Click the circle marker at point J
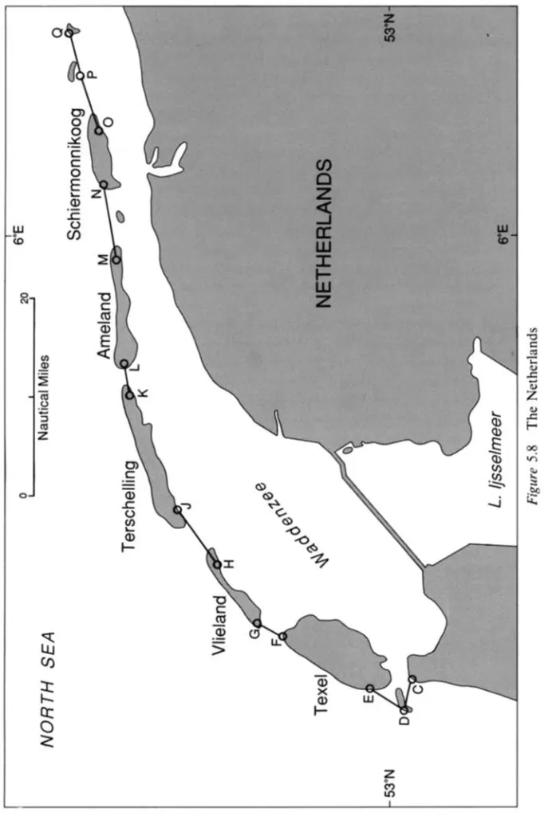click(x=177, y=510)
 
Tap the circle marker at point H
click(x=217, y=566)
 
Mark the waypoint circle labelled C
click(x=412, y=679)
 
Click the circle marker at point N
click(x=104, y=185)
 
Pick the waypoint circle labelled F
click(x=282, y=636)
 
